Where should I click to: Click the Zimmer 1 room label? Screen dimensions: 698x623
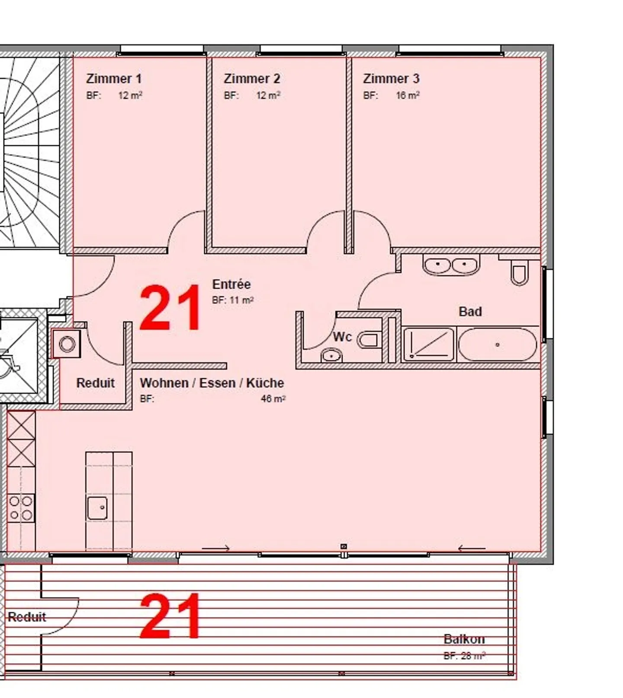tap(113, 79)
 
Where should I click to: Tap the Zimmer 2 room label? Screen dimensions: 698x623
tap(252, 79)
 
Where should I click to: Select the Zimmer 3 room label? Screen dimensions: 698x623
tap(391, 79)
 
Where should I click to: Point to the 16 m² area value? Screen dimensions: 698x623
tap(408, 96)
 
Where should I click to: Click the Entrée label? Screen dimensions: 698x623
tap(231, 284)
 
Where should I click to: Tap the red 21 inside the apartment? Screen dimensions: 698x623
tap(170, 309)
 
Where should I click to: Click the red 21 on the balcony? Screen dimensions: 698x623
tap(170, 617)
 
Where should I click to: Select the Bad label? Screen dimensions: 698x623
tap(470, 312)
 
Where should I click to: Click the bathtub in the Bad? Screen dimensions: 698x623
tap(498, 344)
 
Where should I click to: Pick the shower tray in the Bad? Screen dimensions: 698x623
tap(428, 344)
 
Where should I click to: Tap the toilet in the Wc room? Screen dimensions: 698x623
tap(369, 340)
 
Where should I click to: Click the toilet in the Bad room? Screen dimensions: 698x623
tap(519, 274)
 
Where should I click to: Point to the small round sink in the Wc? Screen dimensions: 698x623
tap(331, 356)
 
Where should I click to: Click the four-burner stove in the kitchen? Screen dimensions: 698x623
tap(21, 508)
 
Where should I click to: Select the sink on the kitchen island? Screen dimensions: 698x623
tap(97, 508)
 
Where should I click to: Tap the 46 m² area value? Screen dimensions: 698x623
tap(273, 399)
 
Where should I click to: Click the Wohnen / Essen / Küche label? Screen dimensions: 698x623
tap(212, 383)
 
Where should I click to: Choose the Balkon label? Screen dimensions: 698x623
tap(464, 639)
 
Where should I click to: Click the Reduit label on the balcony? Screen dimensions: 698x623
tap(27, 617)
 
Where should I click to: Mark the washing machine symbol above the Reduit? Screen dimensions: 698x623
tap(67, 344)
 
